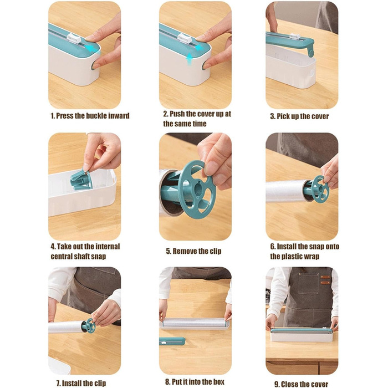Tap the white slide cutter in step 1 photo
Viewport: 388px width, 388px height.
[74, 38]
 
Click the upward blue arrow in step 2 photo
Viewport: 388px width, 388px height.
[190, 59]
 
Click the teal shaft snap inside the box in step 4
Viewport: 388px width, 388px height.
[81, 180]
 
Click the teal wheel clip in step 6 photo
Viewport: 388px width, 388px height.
[320, 189]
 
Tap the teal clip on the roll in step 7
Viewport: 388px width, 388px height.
[88, 325]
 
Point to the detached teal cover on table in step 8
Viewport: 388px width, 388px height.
[172, 341]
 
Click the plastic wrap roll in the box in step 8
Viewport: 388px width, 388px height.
[195, 323]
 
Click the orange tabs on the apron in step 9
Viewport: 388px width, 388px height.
[325, 279]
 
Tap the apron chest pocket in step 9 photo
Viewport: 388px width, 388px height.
[309, 284]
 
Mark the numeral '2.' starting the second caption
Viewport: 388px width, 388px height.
[166, 114]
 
